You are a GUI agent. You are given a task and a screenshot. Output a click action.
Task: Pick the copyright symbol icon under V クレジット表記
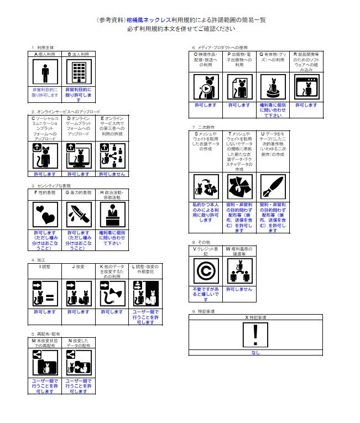pyautogui.click(x=206, y=271)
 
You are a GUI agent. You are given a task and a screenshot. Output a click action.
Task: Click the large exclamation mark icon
pyautogui.click(x=255, y=335)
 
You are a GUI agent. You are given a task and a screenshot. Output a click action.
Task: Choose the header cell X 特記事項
pyautogui.click(x=255, y=317)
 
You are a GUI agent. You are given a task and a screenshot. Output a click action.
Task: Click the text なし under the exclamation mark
pyautogui.click(x=255, y=352)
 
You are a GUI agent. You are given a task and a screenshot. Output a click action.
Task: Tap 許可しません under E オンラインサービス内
pyautogui.click(x=111, y=174)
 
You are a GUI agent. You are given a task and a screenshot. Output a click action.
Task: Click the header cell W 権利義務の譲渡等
pyautogui.click(x=239, y=252)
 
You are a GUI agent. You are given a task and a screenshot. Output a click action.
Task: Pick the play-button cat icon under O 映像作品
pyautogui.click(x=206, y=87)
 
